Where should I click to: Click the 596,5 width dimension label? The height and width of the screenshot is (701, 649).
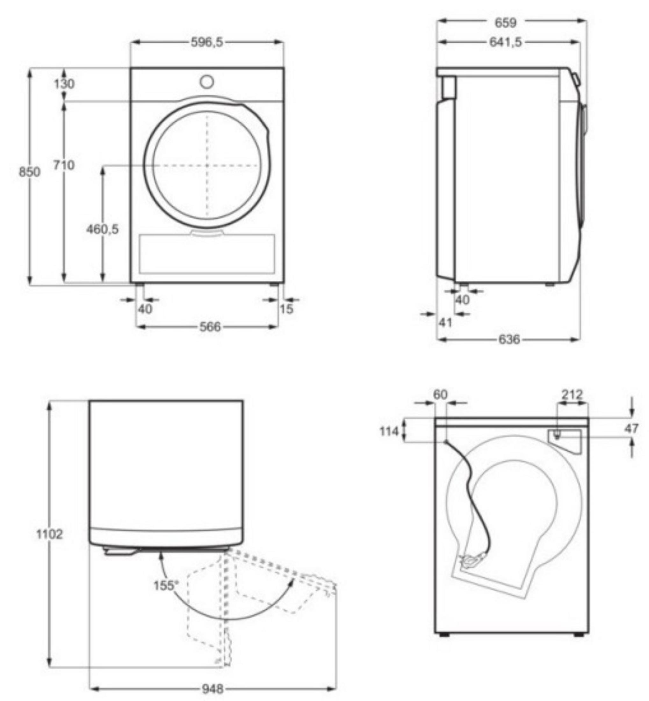click(207, 42)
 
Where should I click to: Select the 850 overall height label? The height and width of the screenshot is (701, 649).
click(30, 172)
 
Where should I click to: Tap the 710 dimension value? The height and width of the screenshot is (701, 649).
click(64, 165)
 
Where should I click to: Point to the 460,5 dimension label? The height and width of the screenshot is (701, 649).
click(103, 229)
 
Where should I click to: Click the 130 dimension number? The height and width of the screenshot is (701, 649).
click(64, 84)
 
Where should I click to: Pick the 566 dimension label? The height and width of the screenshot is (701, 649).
click(210, 327)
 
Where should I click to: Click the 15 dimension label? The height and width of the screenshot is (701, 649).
click(286, 309)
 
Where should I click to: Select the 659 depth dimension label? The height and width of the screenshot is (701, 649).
click(506, 23)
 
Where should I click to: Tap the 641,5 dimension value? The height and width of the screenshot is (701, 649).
click(506, 42)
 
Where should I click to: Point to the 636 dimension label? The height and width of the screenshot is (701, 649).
click(509, 339)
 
